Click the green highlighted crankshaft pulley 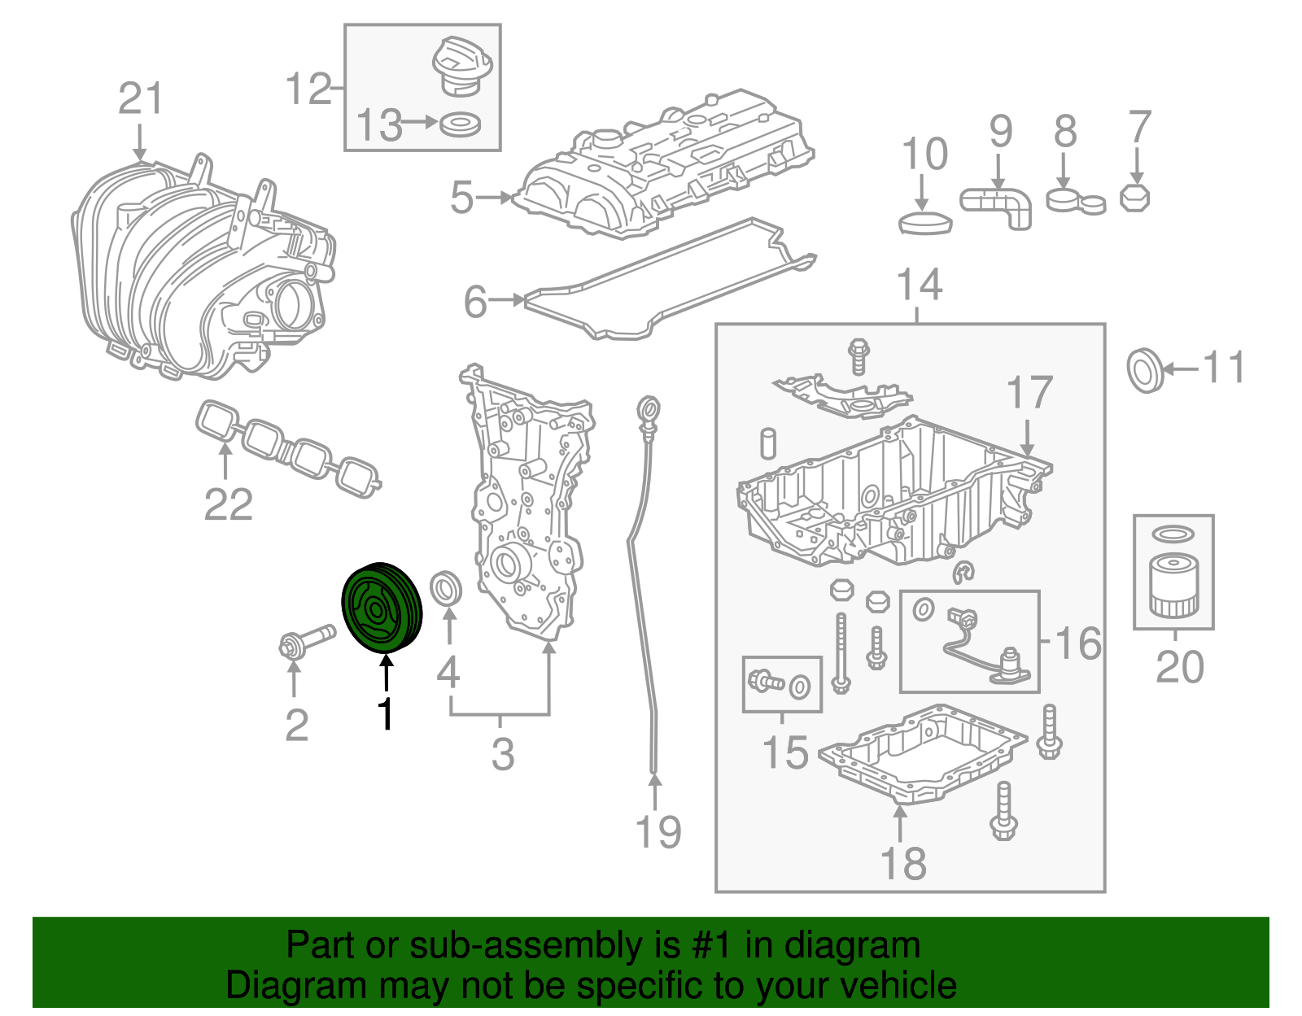379,608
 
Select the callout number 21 140,99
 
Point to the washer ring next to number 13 460,124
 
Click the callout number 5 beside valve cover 461,198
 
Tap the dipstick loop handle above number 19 649,408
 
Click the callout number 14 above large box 919,286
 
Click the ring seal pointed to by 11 1145,370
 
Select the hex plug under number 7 1134,198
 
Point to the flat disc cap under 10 925,222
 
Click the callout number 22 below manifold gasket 228,504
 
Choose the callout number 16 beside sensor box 1078,643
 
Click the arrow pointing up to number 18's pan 900,823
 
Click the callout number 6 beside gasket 474,302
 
